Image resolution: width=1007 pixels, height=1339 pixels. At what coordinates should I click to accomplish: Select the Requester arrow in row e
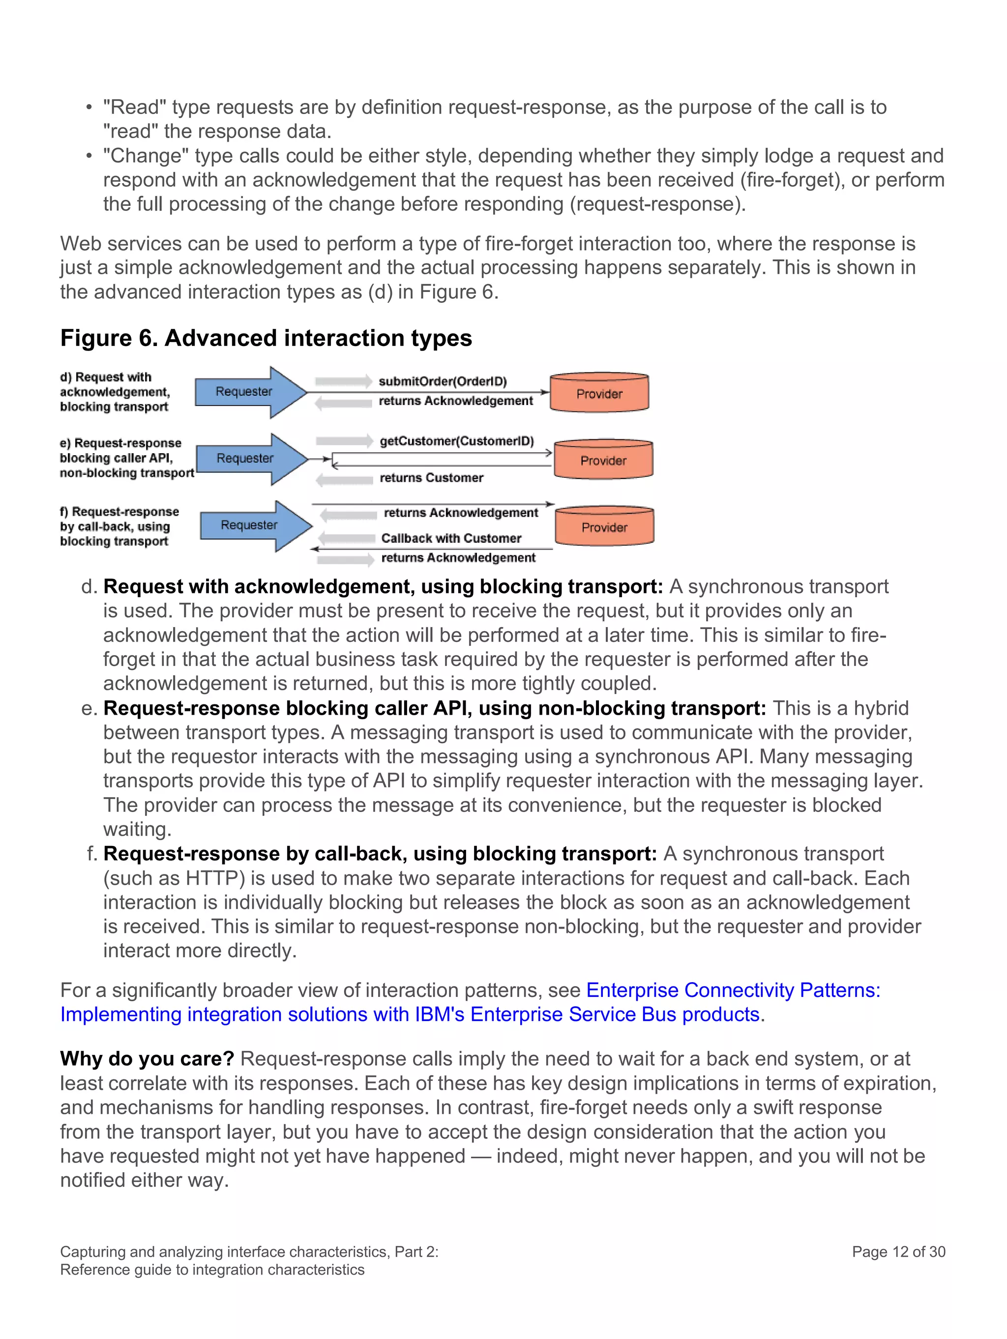246,458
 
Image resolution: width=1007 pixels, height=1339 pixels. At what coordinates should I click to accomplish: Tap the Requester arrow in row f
249,525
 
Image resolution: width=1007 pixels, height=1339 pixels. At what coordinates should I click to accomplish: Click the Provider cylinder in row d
599,393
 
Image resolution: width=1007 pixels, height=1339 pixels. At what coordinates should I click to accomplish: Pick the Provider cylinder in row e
603,460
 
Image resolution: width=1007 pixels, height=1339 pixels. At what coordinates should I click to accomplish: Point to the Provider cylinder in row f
604,526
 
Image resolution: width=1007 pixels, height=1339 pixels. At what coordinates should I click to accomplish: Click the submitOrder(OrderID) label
443,381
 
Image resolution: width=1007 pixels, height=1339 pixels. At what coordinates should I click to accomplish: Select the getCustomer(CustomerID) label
457,441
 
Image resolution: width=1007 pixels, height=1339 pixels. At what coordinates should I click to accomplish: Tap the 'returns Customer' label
431,478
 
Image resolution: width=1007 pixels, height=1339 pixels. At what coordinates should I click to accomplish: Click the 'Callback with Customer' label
451,538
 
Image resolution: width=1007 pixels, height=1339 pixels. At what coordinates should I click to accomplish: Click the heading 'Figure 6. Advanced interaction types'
266,338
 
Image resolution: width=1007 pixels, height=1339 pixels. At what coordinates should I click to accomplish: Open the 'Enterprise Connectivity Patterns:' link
733,990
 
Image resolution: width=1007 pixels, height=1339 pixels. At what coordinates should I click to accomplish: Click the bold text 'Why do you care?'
147,1059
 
